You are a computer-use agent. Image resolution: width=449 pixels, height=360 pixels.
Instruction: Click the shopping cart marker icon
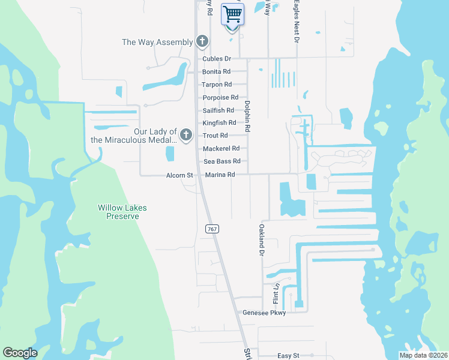pyautogui.click(x=232, y=14)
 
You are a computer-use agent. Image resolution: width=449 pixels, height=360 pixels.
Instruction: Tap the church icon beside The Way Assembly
pyautogui.click(x=203, y=41)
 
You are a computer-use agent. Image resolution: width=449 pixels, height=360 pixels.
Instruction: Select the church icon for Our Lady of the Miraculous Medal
pyautogui.click(x=186, y=134)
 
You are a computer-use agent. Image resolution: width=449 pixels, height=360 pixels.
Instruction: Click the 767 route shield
pyautogui.click(x=211, y=229)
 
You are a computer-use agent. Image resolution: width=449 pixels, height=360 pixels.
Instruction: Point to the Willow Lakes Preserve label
pyautogui.click(x=122, y=212)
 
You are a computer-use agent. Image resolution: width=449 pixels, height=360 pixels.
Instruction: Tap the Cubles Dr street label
pyautogui.click(x=217, y=59)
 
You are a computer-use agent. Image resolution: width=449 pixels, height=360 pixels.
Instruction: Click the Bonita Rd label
pyautogui.click(x=217, y=71)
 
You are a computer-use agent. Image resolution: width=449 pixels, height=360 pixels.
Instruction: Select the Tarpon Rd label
pyautogui.click(x=217, y=85)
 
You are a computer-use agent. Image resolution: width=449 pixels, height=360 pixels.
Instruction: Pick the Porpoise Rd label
pyautogui.click(x=220, y=97)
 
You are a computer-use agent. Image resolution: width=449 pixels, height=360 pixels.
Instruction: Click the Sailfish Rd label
pyautogui.click(x=218, y=110)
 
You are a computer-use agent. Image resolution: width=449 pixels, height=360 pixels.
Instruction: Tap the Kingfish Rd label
pyautogui.click(x=220, y=123)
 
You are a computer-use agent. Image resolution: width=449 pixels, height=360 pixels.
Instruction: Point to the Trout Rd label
pyautogui.click(x=215, y=136)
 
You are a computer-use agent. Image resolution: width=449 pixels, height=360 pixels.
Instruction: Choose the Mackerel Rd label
pyautogui.click(x=221, y=148)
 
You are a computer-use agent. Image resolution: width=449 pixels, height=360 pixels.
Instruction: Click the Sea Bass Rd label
pyautogui.click(x=222, y=161)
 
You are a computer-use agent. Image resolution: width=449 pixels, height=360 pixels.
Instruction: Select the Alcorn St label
pyautogui.click(x=179, y=175)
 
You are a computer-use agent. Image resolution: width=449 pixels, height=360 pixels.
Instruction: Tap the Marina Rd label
pyautogui.click(x=220, y=175)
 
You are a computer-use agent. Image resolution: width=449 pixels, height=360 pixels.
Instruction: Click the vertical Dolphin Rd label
pyautogui.click(x=247, y=116)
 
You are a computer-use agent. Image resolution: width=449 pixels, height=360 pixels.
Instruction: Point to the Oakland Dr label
pyautogui.click(x=262, y=239)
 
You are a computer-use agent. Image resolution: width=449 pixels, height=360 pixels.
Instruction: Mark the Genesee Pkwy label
pyautogui.click(x=264, y=313)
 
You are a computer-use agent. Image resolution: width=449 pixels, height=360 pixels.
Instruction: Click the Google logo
pyautogui.click(x=20, y=353)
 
